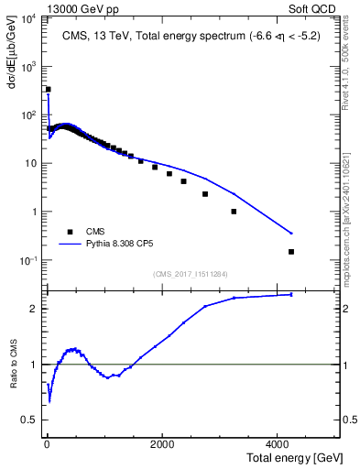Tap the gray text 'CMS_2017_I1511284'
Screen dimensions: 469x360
tap(190, 273)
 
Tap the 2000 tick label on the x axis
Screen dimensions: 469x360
tap(162, 443)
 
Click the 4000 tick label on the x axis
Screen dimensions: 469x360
tap(278, 443)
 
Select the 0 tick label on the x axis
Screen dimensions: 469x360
tap(47, 443)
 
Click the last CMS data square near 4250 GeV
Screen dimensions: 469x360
tap(291, 251)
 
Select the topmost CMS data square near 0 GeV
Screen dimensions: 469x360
tap(49, 90)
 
